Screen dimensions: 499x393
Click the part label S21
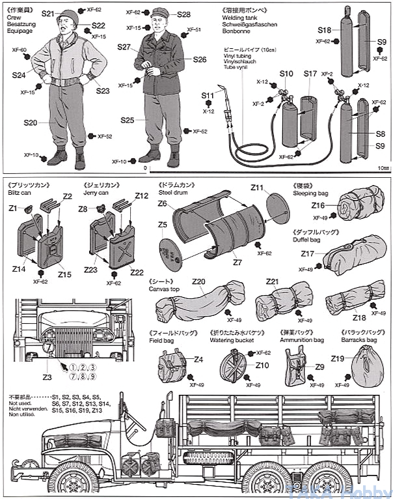(x=48, y=14)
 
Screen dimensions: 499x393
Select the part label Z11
(x=258, y=188)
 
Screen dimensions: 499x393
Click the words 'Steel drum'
(x=172, y=193)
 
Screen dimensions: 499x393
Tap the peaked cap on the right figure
(x=159, y=12)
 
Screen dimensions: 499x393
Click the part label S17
(x=310, y=74)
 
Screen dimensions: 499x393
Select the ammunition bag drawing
(x=295, y=367)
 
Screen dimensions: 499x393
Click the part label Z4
(x=198, y=359)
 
